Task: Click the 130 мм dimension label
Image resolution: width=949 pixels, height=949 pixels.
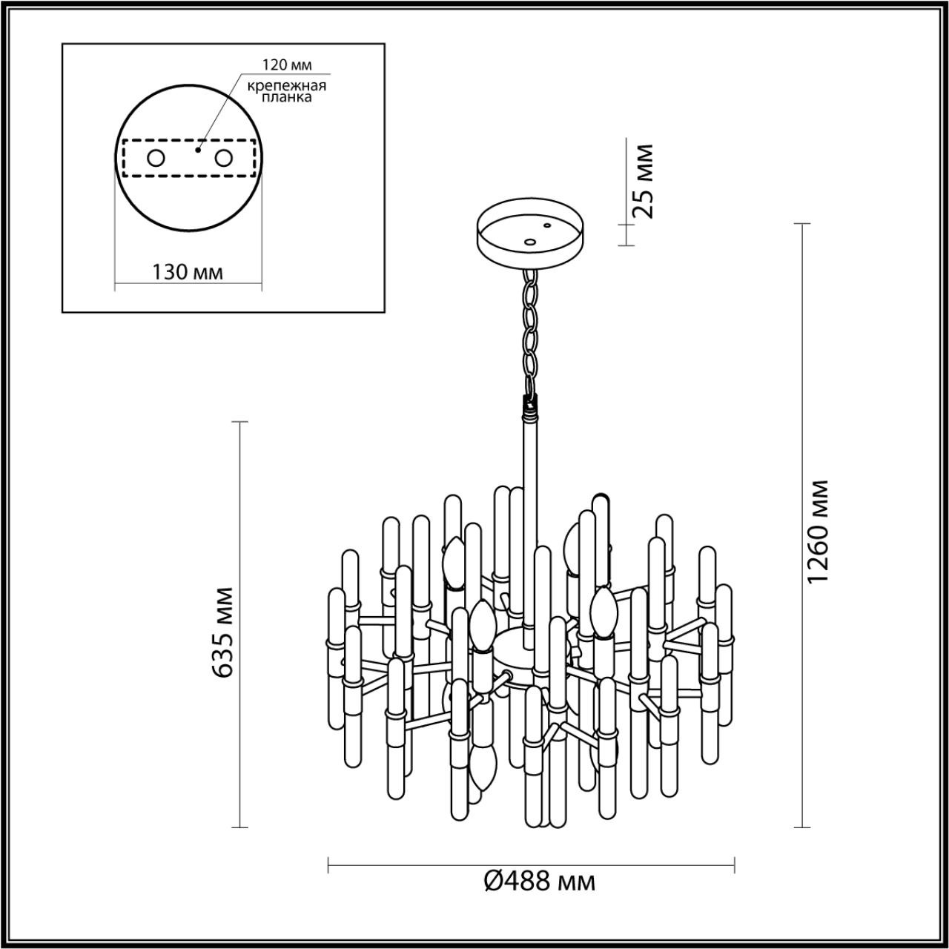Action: point(188,272)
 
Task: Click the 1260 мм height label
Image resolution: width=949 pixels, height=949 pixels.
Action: point(819,532)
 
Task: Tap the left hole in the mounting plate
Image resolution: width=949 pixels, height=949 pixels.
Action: point(156,158)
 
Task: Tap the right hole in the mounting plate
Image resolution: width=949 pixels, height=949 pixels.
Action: point(223,158)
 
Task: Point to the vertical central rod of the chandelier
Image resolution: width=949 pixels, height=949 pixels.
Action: point(528,519)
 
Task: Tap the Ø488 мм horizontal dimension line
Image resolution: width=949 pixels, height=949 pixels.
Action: point(531,865)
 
